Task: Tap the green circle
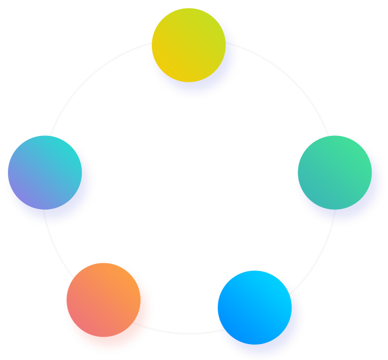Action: click(334, 173)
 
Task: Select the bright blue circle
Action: click(254, 307)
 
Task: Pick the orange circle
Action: click(104, 300)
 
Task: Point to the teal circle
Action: click(45, 173)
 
